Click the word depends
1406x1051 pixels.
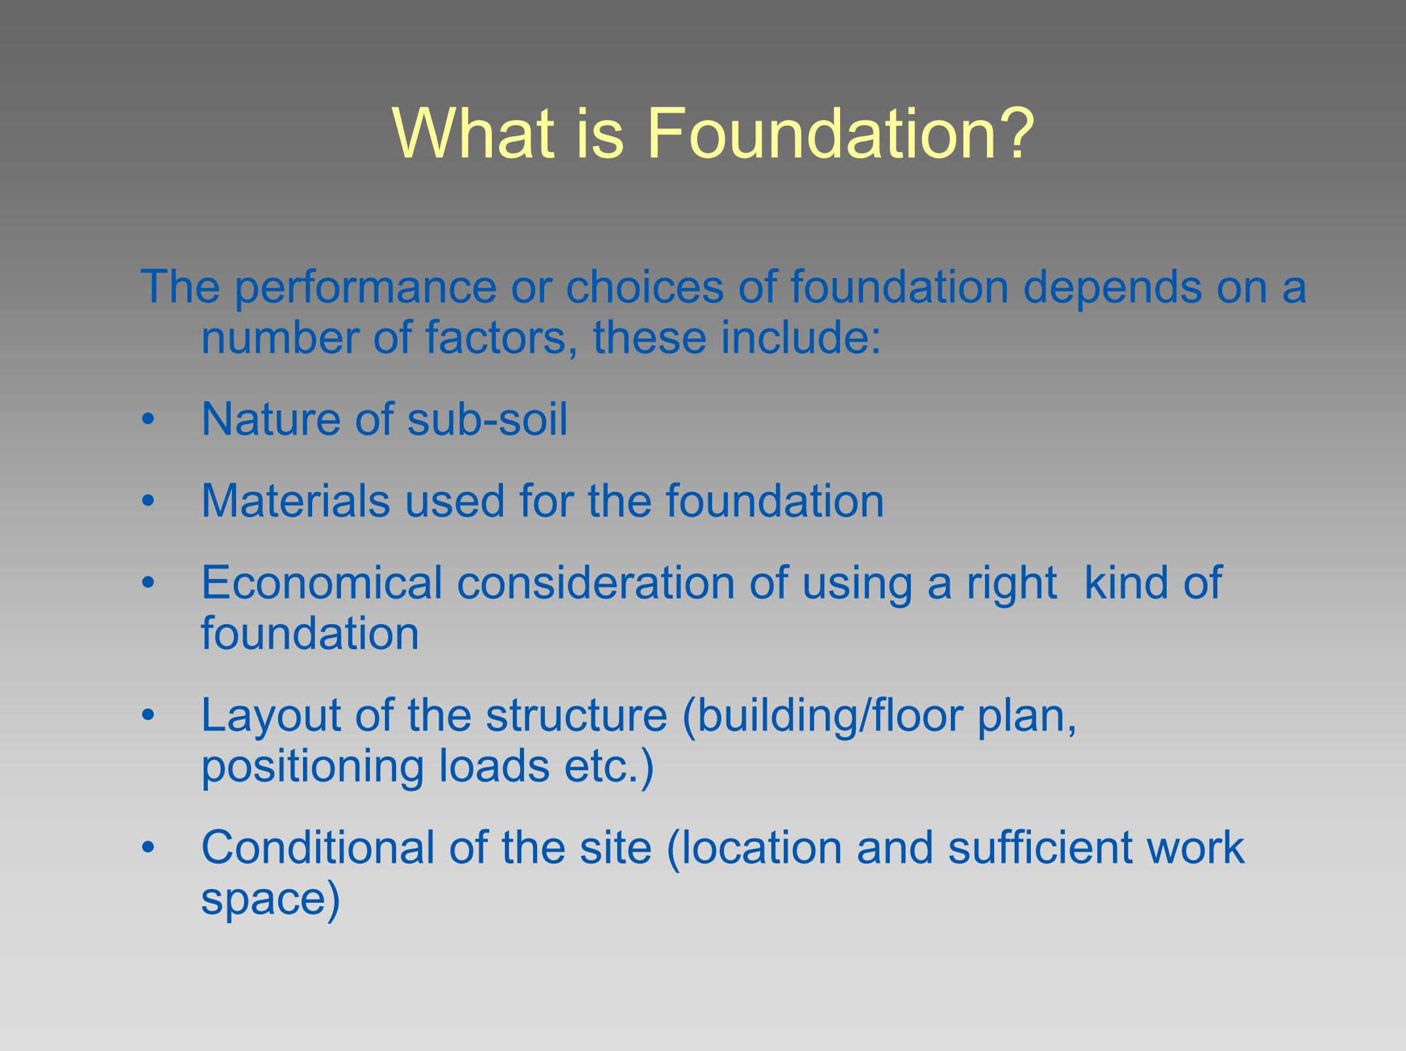pyautogui.click(x=1112, y=288)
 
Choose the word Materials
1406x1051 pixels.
pyautogui.click(x=294, y=500)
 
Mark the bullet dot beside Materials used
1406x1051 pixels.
pyautogui.click(x=148, y=501)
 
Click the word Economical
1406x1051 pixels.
pyautogui.click(x=322, y=582)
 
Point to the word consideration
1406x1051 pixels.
pyautogui.click(x=595, y=582)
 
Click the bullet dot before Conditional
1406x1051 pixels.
pyautogui.click(x=148, y=848)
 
